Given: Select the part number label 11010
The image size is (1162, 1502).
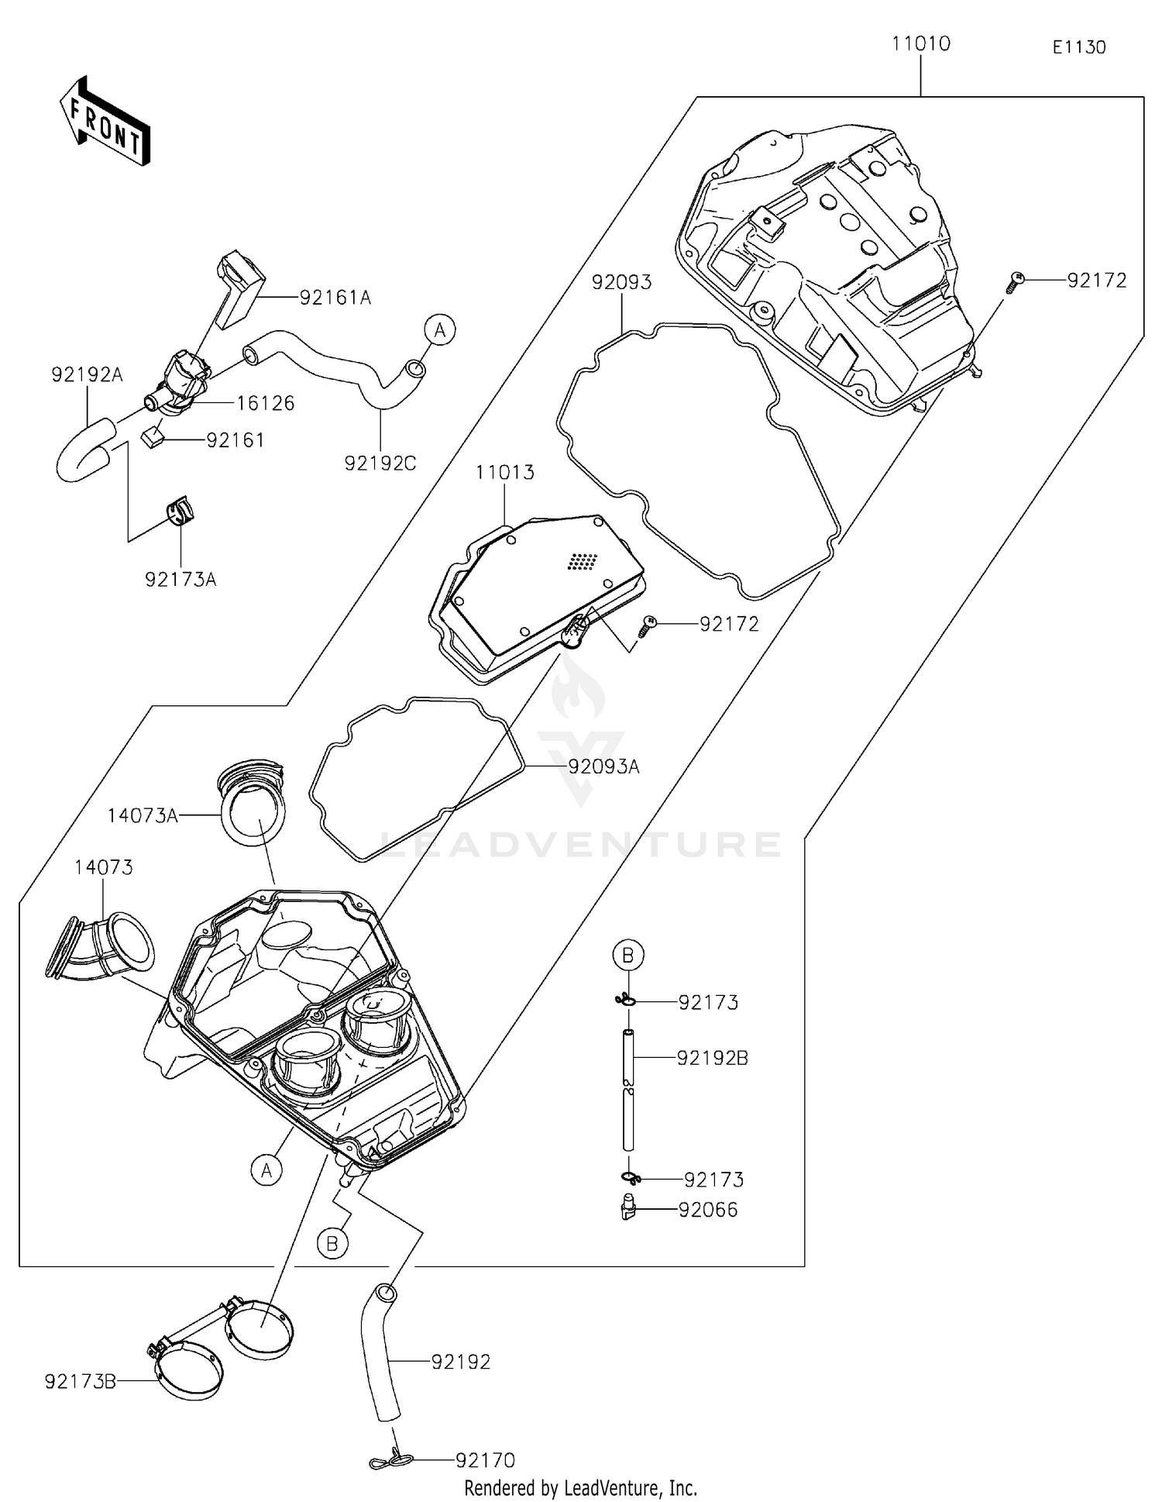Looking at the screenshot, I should [920, 44].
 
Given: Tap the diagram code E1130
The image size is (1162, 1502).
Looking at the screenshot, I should [1078, 47].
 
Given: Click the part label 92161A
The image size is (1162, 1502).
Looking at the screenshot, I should [335, 298].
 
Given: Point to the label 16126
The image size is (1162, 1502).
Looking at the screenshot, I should [266, 403].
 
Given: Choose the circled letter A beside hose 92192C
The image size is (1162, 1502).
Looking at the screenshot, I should [439, 330].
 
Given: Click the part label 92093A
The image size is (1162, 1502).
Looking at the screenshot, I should [604, 767].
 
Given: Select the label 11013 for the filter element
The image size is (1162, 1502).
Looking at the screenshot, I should [505, 472].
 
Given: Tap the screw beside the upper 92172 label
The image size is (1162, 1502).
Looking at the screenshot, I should [1016, 281].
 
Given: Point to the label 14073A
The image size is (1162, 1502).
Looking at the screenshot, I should [143, 815].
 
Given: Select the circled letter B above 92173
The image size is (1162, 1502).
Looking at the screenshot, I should [628, 955].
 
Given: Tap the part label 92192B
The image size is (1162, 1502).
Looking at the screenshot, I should [713, 1058].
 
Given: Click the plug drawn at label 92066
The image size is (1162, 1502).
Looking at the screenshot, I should [628, 1207].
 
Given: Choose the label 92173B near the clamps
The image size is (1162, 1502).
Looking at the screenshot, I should [81, 1381].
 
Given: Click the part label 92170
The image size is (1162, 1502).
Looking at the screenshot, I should [485, 1460].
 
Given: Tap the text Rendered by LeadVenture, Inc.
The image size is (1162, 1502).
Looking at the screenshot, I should [580, 1488].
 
